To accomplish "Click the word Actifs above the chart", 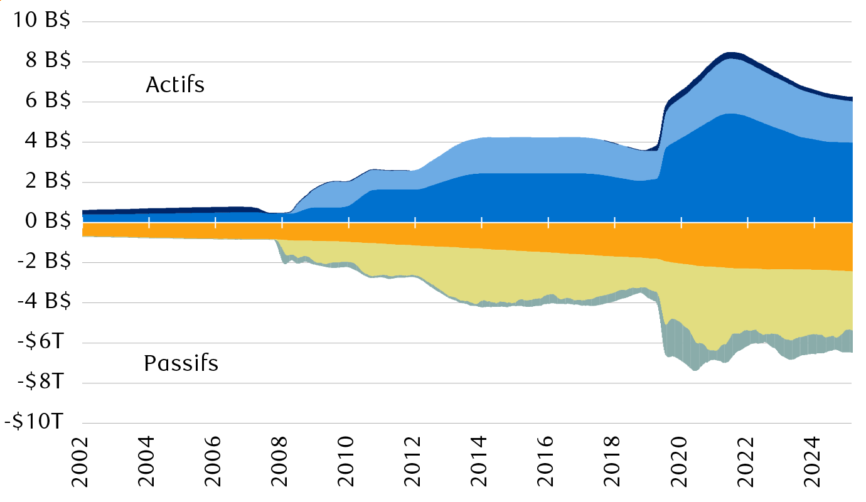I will [x=175, y=85].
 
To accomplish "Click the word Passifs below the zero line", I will [x=181, y=363].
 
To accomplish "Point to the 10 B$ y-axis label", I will [x=40, y=21].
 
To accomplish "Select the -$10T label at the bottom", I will [x=35, y=422].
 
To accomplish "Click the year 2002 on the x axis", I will [x=83, y=464].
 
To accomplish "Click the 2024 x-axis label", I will [x=815, y=464].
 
